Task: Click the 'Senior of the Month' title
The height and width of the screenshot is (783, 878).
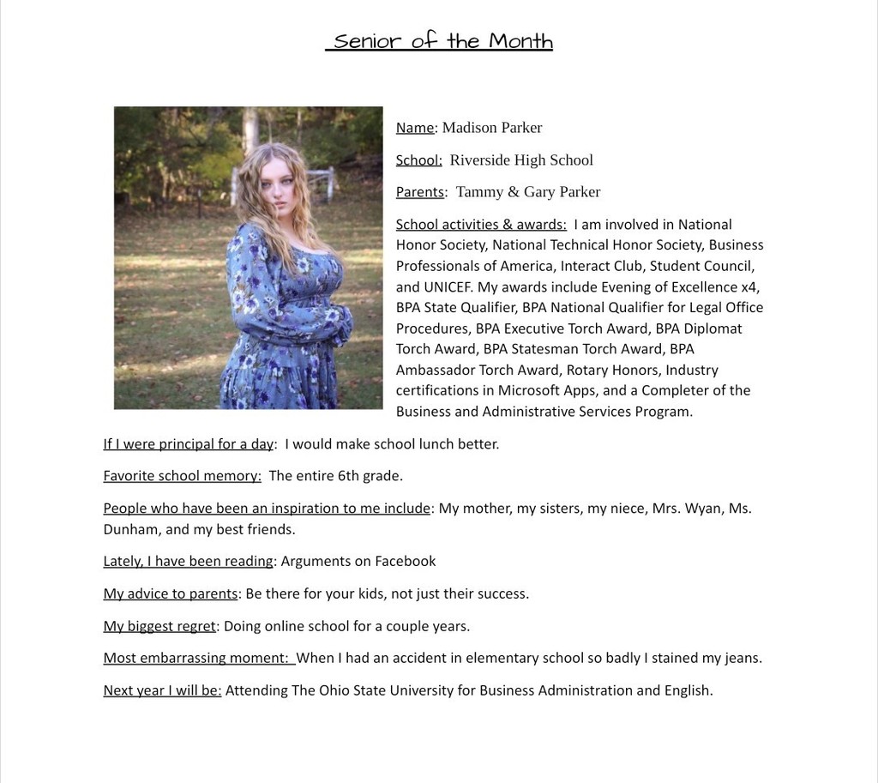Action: (x=439, y=41)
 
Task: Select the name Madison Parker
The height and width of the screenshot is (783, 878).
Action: (x=491, y=128)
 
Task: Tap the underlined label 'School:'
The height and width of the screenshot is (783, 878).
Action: (x=418, y=160)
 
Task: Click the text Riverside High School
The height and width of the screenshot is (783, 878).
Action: (x=521, y=160)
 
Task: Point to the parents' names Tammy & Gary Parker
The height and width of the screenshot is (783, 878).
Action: (x=527, y=192)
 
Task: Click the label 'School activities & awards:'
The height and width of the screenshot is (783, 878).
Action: (x=481, y=225)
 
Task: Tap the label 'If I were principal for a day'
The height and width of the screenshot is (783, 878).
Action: (x=188, y=444)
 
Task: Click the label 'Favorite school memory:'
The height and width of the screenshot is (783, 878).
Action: (x=182, y=476)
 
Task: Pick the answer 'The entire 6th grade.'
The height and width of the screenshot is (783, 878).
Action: (x=335, y=476)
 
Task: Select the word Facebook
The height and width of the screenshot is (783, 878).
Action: (x=406, y=562)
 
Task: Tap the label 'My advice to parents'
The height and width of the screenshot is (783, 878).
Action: (x=170, y=594)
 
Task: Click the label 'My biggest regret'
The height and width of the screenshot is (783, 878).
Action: (x=159, y=626)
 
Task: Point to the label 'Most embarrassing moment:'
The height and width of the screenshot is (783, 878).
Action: (x=195, y=659)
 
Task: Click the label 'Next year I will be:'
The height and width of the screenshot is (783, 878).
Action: (x=162, y=690)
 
